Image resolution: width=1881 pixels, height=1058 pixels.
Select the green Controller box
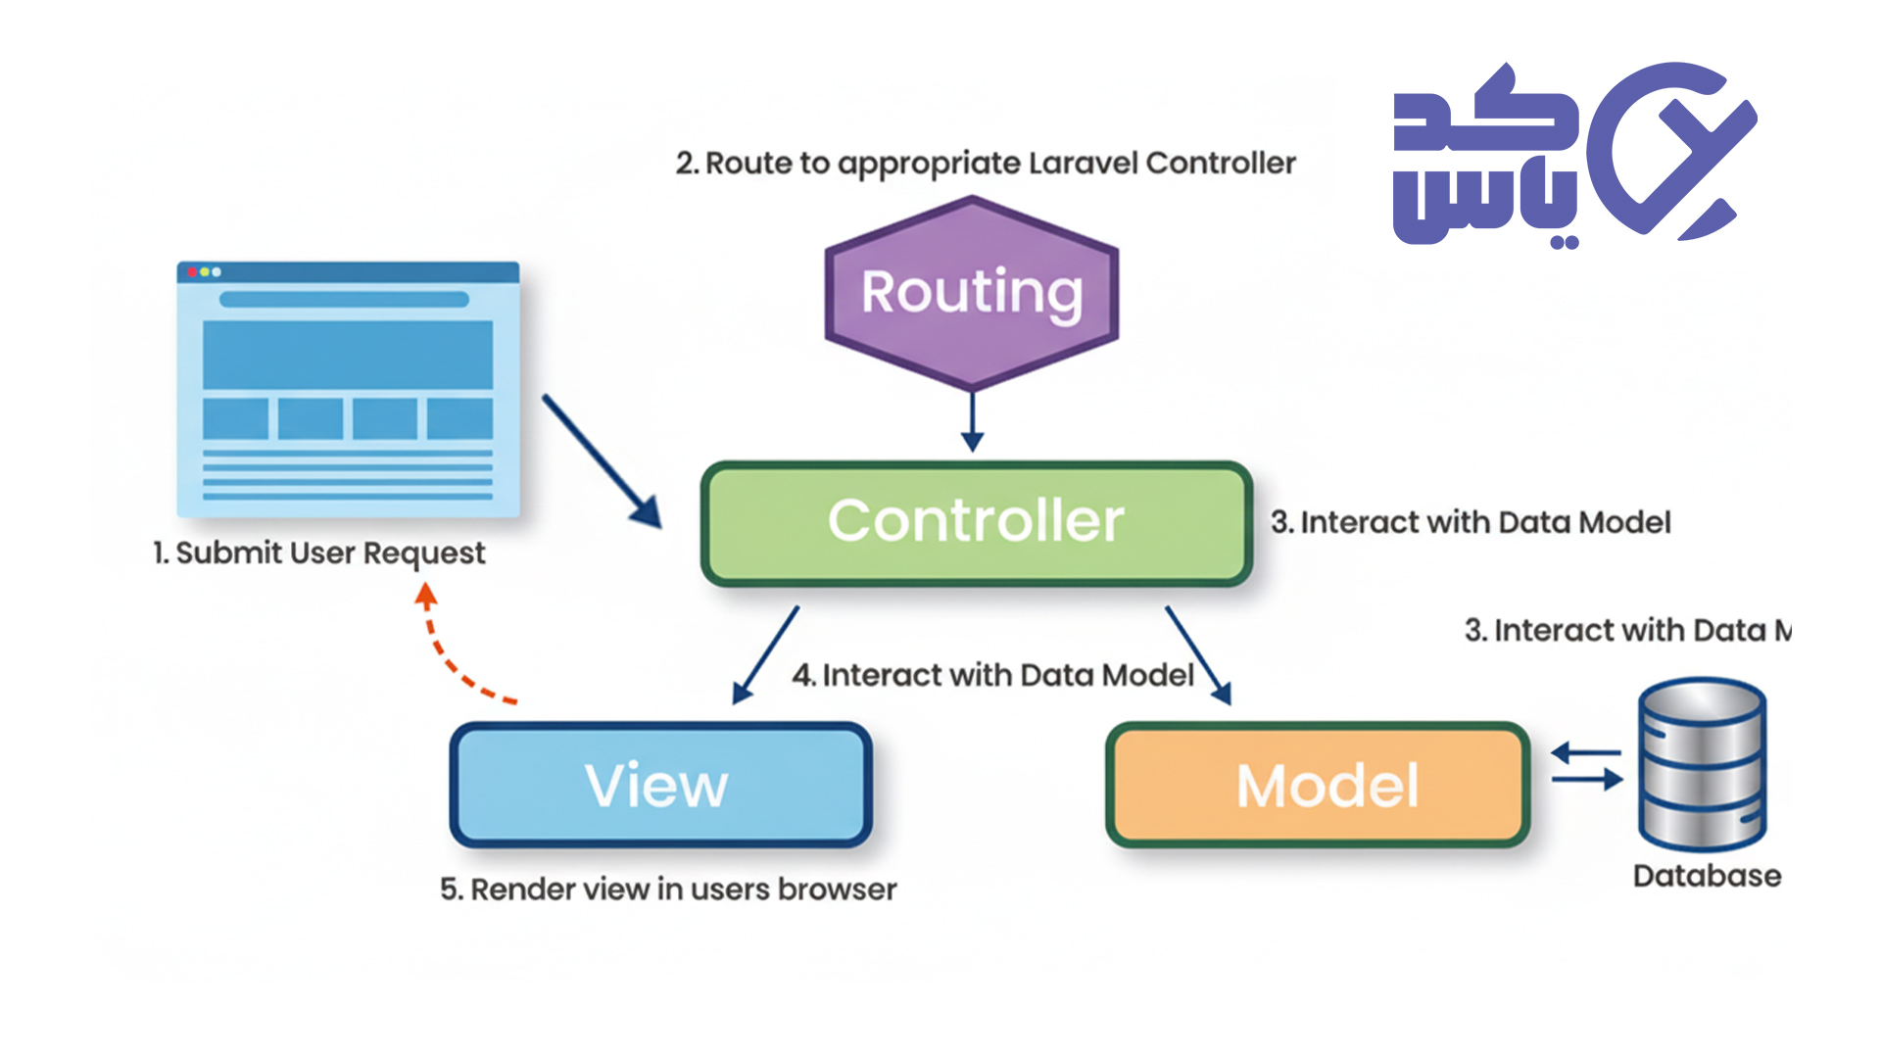coord(976,523)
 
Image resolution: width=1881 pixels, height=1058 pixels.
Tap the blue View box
coord(660,785)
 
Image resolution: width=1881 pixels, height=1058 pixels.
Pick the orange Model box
coord(1318,785)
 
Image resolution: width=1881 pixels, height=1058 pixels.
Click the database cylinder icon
coord(1703,763)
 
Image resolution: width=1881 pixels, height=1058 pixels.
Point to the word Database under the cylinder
coord(1707,876)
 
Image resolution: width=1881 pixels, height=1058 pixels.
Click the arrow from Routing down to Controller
coord(972,421)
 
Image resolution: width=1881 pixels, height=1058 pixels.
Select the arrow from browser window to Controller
coord(601,460)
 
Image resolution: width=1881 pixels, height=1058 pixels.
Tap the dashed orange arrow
coord(451,651)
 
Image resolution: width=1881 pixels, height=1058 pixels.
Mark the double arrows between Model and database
coord(1587,767)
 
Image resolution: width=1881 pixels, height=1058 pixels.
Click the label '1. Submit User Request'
coord(319,553)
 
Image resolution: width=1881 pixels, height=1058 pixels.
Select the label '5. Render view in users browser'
coord(668,890)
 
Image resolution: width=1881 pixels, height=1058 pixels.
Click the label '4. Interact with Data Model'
coord(992,675)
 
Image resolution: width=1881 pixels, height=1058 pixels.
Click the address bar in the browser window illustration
coord(344,300)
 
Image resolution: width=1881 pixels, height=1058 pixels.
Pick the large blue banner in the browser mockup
coord(348,355)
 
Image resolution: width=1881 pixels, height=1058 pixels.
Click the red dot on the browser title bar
coord(192,272)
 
